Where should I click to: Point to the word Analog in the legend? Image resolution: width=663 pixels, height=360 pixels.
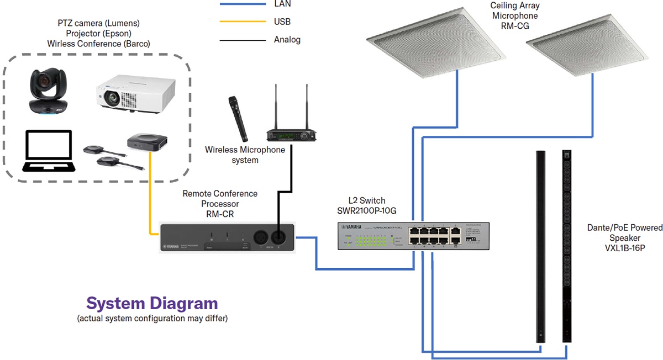pyautogui.click(x=287, y=40)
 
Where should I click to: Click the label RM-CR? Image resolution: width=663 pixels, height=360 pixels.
pyautogui.click(x=219, y=214)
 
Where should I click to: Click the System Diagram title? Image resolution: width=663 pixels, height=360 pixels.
pyautogui.click(x=152, y=303)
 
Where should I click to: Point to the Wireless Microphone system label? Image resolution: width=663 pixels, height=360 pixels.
pyautogui.click(x=244, y=155)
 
